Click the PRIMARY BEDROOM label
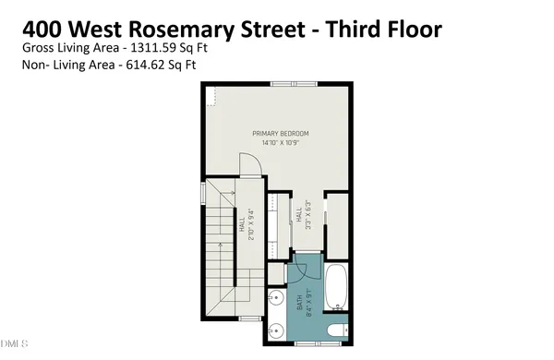point(281,134)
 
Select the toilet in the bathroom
point(335,329)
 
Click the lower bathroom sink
point(277,330)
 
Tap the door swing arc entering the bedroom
point(250,166)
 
